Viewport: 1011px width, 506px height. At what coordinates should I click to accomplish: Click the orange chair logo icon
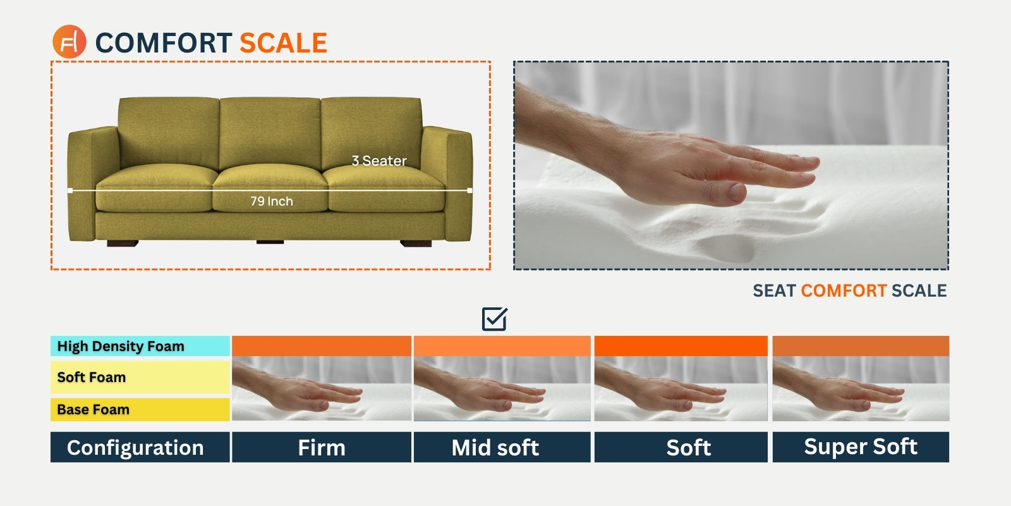69,42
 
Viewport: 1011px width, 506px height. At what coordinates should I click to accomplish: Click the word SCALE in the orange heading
283,43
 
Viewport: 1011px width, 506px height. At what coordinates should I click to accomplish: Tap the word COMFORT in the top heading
164,43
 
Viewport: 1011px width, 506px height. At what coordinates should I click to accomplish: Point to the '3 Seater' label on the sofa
379,161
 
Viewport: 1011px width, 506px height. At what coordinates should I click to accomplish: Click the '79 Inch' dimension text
272,201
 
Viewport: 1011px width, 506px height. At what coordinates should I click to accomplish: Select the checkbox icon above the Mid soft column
494,319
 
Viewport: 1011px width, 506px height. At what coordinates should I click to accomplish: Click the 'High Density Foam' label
140,346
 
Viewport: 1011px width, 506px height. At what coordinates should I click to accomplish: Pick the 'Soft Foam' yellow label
140,377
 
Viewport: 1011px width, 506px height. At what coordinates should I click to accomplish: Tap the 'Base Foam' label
140,409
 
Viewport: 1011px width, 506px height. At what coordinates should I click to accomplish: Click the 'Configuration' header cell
140,447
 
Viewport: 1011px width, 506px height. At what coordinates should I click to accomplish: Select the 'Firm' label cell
322,447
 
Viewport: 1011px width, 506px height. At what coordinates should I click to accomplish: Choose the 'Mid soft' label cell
502,447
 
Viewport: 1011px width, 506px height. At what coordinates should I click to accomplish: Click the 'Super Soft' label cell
861,447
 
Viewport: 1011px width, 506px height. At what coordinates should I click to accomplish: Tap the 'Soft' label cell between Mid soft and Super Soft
681,447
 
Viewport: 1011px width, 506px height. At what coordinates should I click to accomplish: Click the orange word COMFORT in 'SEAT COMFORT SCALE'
844,290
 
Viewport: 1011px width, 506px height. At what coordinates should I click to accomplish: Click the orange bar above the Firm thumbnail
322,346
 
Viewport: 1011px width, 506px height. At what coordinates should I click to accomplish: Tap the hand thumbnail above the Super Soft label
861,388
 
